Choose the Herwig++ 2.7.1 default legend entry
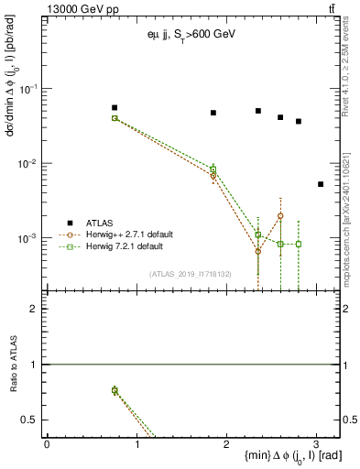click(130, 234)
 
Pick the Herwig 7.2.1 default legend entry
click(125, 246)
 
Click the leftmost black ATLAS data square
click(115, 107)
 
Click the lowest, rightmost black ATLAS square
click(321, 184)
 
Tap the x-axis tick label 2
click(226, 443)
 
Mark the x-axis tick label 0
click(47, 443)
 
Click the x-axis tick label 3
click(316, 443)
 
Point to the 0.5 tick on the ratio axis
click(32, 420)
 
